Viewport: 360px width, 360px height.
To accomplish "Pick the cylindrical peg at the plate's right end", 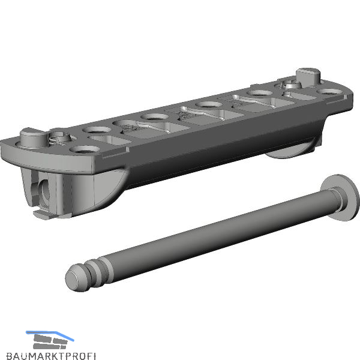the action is pyautogui.click(x=308, y=77).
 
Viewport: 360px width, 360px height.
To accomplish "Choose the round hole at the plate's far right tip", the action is pyautogui.click(x=329, y=92).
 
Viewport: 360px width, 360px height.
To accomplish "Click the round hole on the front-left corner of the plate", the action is pyautogui.click(x=85, y=149).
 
